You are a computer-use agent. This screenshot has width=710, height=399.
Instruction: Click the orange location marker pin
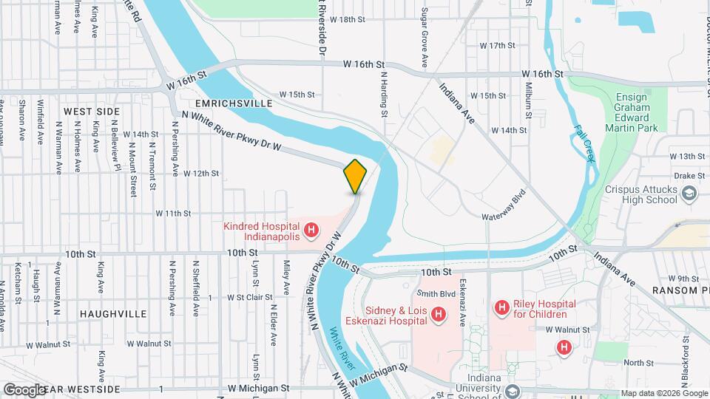pyautogui.click(x=355, y=176)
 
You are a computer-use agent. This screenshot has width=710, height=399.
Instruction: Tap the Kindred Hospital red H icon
pyautogui.click(x=311, y=231)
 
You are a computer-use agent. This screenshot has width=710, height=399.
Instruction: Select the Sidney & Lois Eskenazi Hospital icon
pyautogui.click(x=439, y=316)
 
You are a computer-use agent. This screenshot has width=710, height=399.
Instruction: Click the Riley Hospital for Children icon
pyautogui.click(x=502, y=306)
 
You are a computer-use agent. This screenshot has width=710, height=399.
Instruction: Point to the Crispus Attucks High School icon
pyautogui.click(x=689, y=194)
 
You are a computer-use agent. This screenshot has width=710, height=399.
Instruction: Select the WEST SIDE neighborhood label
pyautogui.click(x=92, y=111)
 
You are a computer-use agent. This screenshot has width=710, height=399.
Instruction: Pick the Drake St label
pyautogui.click(x=689, y=176)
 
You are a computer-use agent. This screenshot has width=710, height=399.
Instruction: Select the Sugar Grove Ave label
pyautogui.click(x=424, y=35)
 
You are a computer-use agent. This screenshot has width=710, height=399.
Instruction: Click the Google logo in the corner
pyautogui.click(x=24, y=389)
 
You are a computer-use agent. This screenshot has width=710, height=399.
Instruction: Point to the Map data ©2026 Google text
pyautogui.click(x=663, y=393)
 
